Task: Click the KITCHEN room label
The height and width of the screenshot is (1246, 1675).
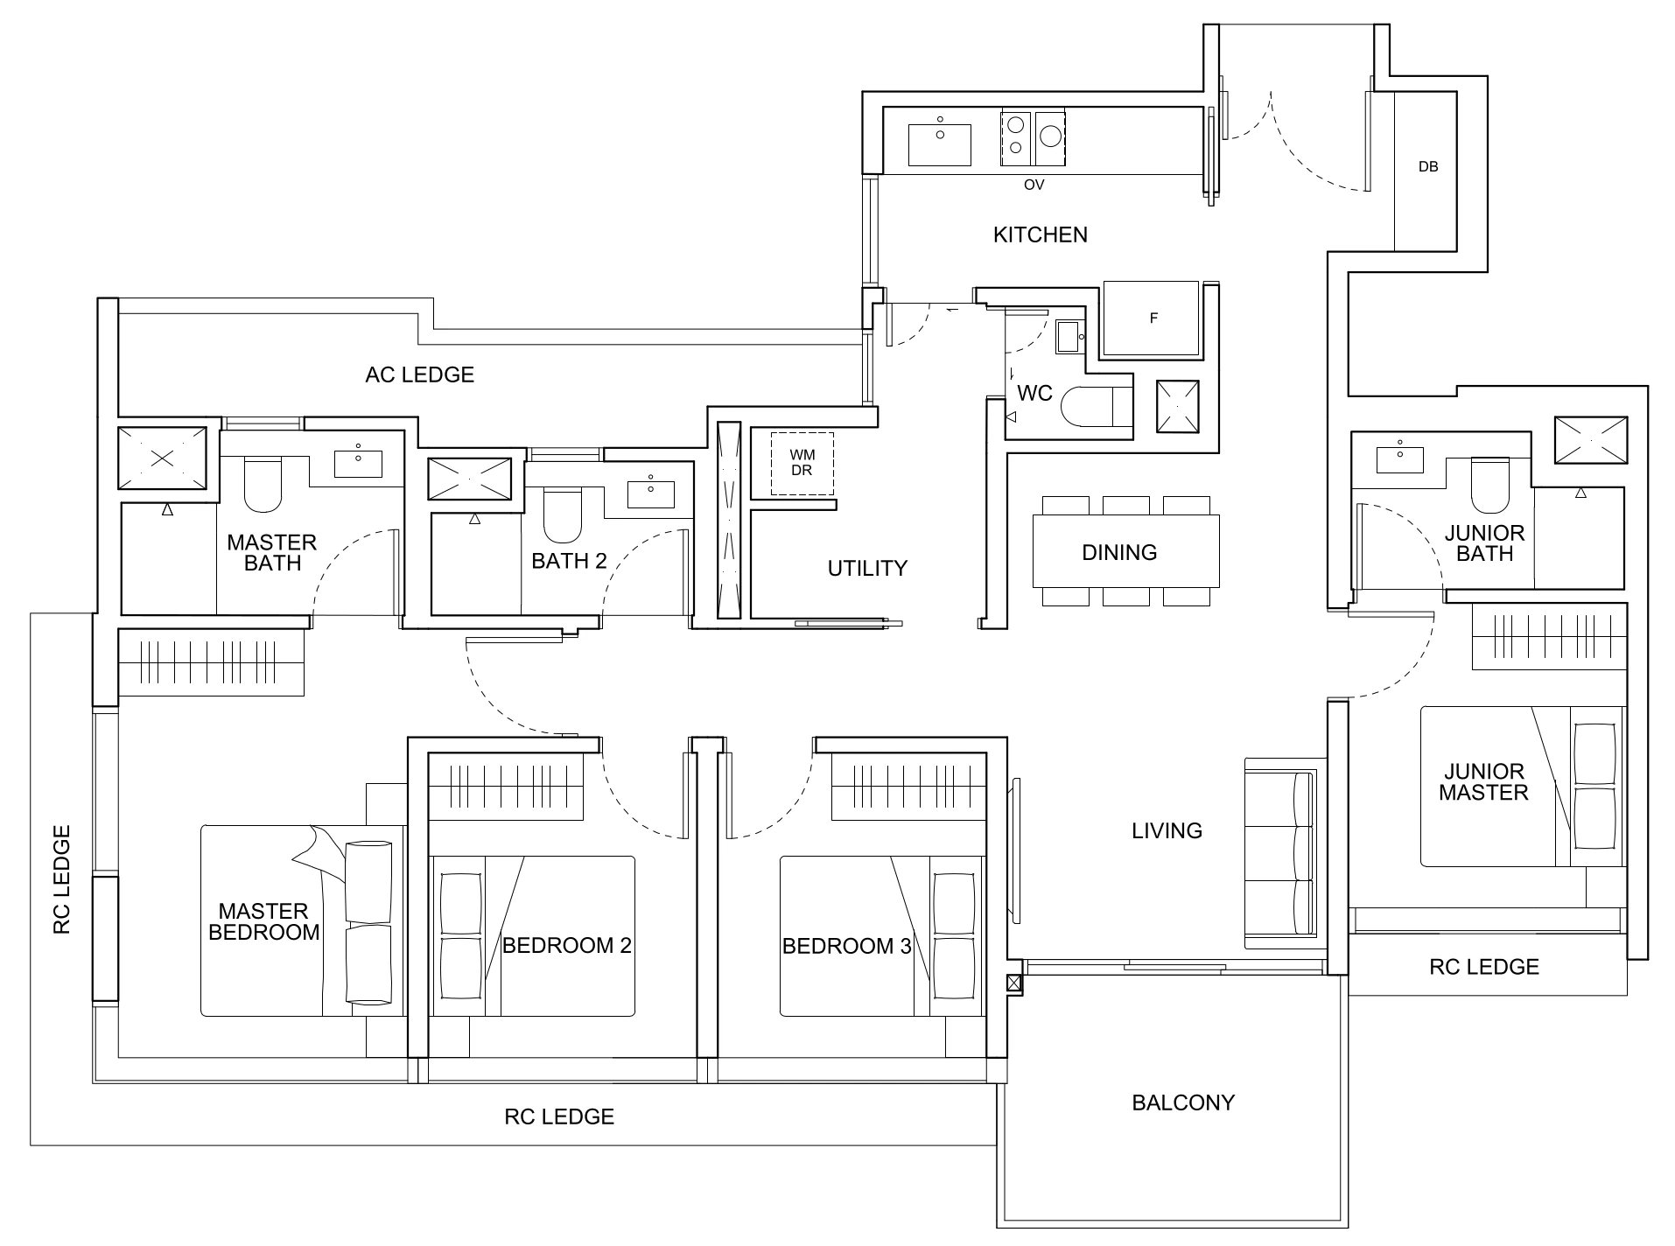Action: (x=1040, y=234)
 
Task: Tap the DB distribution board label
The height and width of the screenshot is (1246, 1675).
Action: (x=1427, y=166)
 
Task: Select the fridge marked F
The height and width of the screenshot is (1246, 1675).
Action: (x=1152, y=318)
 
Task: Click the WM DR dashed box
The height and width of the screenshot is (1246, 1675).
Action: (x=802, y=463)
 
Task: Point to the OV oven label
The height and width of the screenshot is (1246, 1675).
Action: (x=1034, y=185)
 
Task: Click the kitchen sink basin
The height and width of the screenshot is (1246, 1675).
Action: (x=939, y=144)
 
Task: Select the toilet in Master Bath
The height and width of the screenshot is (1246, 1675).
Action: (x=263, y=486)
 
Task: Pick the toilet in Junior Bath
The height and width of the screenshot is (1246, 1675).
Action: (x=1490, y=486)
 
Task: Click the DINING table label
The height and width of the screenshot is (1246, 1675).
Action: (x=1119, y=552)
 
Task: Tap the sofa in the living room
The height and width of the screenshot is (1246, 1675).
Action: (x=1280, y=853)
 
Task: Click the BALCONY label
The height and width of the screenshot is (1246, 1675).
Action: (x=1182, y=1102)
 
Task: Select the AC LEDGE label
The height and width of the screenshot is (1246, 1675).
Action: (x=419, y=374)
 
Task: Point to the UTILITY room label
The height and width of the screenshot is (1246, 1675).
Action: (x=867, y=569)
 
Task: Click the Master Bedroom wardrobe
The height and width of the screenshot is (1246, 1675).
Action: (x=211, y=662)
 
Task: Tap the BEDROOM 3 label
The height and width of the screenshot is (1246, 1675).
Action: (x=846, y=946)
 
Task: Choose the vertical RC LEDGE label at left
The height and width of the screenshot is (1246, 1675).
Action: (x=61, y=878)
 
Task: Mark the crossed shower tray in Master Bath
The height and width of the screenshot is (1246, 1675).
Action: (x=162, y=458)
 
